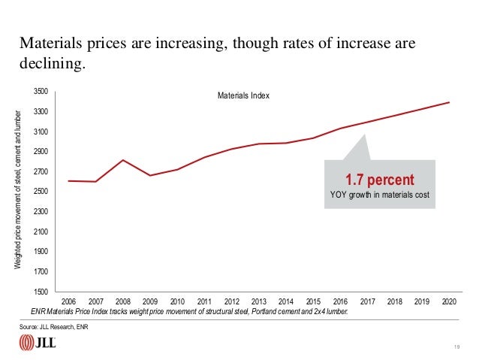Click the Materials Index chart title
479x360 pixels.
pos(243,96)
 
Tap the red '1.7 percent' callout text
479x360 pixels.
pos(379,180)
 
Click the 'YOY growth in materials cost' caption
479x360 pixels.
pos(379,197)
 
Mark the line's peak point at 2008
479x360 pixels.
pos(123,160)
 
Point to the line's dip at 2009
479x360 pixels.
pos(150,175)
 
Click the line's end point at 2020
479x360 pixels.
pos(448,102)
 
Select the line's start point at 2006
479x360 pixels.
pos(69,180)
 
